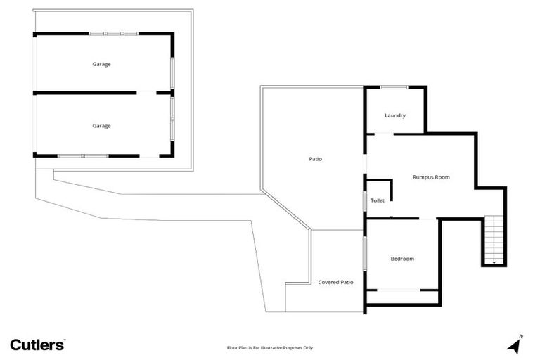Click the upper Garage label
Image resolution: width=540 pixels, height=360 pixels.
click(x=101, y=64)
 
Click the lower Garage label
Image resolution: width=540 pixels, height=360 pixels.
click(x=101, y=125)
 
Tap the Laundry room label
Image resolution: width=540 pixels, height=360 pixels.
click(x=395, y=115)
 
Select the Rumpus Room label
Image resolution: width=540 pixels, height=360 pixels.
click(x=430, y=177)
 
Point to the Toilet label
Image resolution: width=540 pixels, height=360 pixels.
click(x=378, y=200)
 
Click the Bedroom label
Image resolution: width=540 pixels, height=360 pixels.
click(x=402, y=259)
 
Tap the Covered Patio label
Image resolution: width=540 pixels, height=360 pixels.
click(x=335, y=282)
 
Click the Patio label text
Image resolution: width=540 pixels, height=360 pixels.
click(x=316, y=159)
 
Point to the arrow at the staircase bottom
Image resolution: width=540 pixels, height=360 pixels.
click(x=494, y=262)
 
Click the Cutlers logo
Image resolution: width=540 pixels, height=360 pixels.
click(x=37, y=345)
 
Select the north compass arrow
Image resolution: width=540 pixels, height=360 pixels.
click(x=514, y=345)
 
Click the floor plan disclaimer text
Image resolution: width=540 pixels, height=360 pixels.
click(x=269, y=347)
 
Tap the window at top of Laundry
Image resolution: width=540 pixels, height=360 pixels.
click(x=394, y=87)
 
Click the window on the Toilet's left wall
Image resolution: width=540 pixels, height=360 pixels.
click(x=365, y=200)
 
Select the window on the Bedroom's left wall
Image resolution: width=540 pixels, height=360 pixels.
click(x=365, y=253)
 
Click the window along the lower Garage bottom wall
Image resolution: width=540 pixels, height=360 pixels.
click(x=82, y=155)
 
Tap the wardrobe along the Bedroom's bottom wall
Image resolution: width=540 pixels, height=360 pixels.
click(x=399, y=290)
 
